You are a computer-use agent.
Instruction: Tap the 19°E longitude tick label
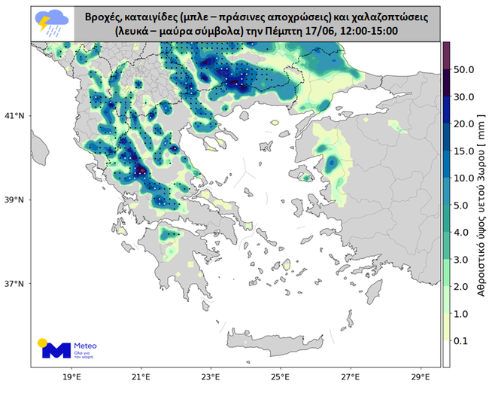(71, 377)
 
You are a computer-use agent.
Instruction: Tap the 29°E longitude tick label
(421, 377)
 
